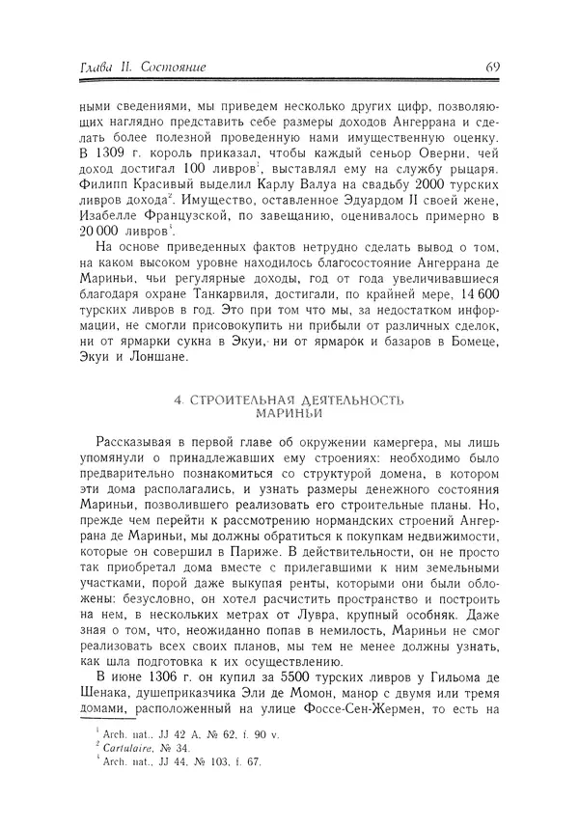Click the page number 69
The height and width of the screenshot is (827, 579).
[491, 67]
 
